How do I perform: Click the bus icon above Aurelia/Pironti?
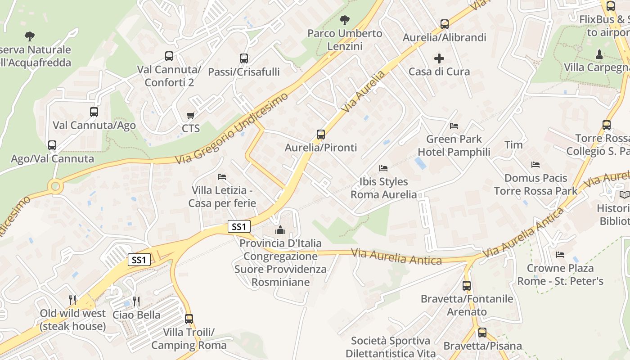tap(320, 134)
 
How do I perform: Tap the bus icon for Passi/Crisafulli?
tap(243, 58)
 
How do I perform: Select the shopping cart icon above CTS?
tap(191, 116)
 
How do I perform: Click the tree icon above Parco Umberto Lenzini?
tap(345, 20)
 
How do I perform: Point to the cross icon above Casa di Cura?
tap(439, 58)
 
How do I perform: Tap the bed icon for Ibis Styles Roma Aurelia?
tap(383, 168)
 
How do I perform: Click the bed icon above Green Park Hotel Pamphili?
tap(454, 126)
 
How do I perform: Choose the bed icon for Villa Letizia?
tap(222, 176)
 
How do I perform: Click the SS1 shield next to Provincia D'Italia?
tap(238, 226)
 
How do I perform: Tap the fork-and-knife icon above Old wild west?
tap(72, 300)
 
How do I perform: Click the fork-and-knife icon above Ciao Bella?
tap(136, 301)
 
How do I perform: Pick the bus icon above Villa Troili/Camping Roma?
tap(189, 319)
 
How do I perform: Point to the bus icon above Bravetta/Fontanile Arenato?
tap(467, 285)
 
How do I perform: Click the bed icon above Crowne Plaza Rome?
tap(560, 255)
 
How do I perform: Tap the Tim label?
tap(513, 144)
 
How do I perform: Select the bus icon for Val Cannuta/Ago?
tap(94, 112)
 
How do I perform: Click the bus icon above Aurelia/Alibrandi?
tap(445, 24)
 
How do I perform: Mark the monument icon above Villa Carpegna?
tap(599, 54)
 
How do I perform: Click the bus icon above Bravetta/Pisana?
tap(482, 333)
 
